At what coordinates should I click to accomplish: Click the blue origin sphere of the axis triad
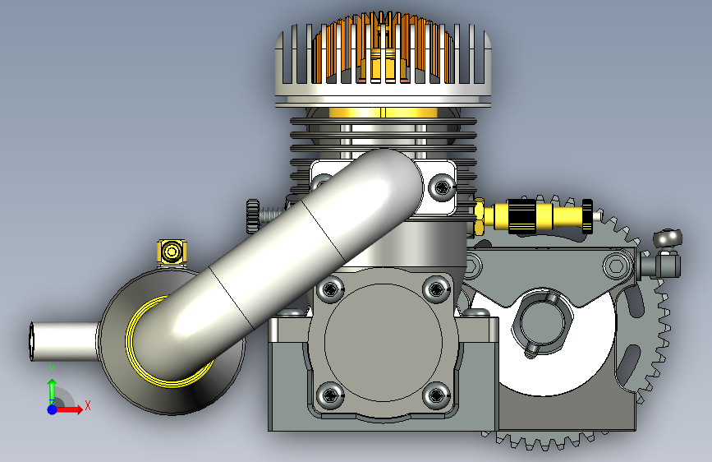click(53, 409)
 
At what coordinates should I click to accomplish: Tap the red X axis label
click(88, 405)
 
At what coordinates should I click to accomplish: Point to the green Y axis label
click(52, 370)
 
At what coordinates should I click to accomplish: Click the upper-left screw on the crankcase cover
click(330, 289)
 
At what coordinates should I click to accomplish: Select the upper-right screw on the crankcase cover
click(436, 289)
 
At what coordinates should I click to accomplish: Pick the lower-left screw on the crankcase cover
click(330, 395)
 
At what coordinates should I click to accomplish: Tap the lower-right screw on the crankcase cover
click(436, 395)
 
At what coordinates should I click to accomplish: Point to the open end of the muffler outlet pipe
click(32, 341)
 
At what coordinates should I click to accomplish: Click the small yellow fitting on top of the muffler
click(172, 252)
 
